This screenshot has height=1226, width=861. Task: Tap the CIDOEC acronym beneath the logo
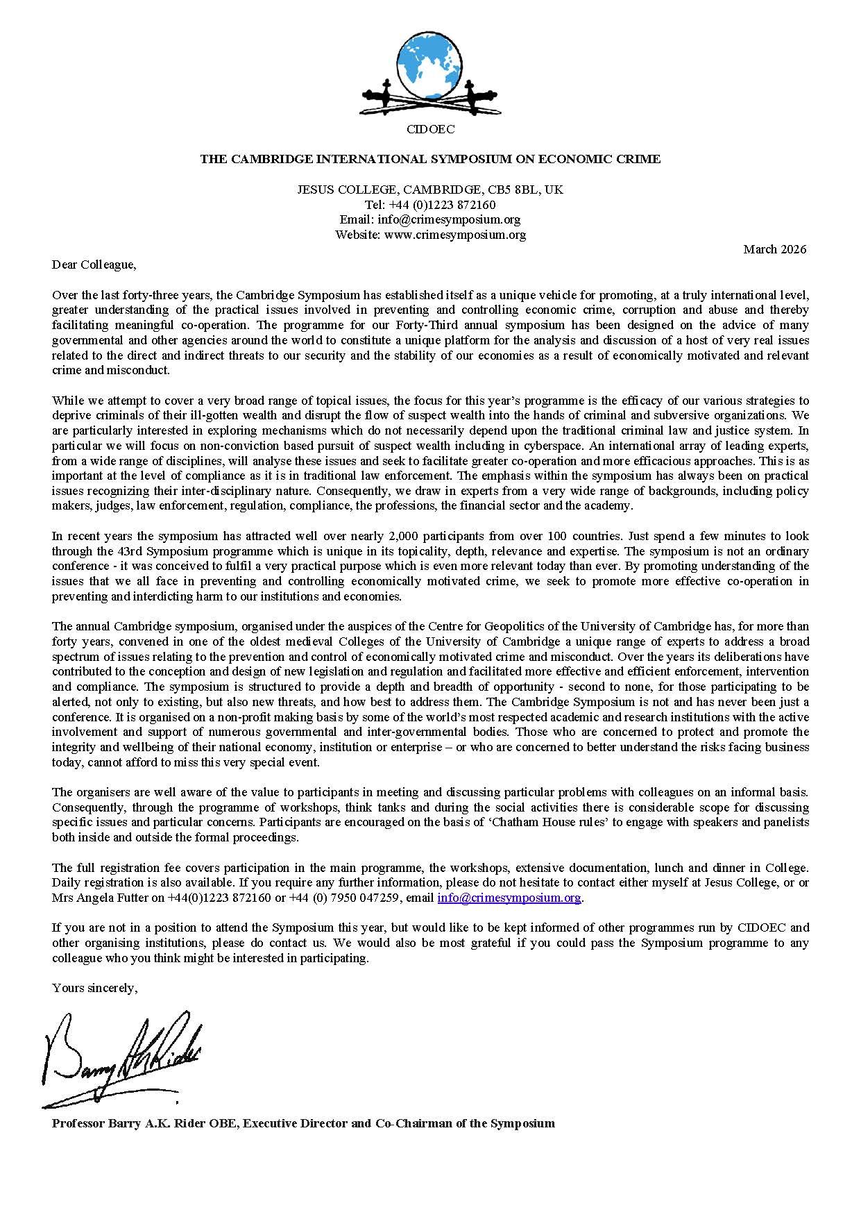point(430,130)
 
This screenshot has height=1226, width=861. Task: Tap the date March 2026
point(774,249)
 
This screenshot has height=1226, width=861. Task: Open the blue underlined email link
point(509,898)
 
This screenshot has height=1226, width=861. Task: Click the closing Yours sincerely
point(94,988)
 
